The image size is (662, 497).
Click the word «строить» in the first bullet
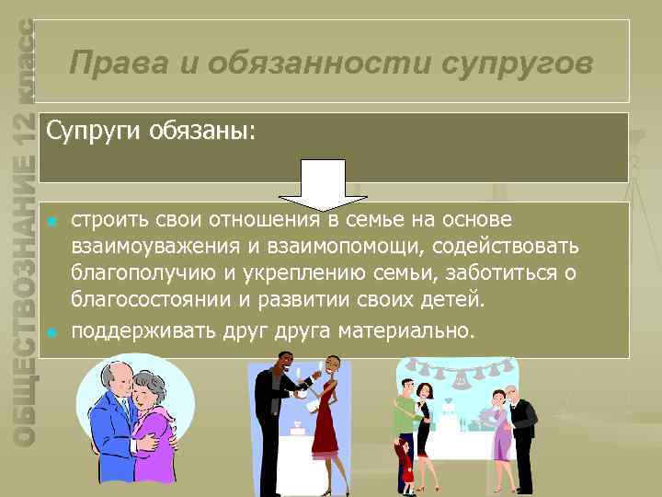point(106,221)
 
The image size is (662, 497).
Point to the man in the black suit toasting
point(274,414)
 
